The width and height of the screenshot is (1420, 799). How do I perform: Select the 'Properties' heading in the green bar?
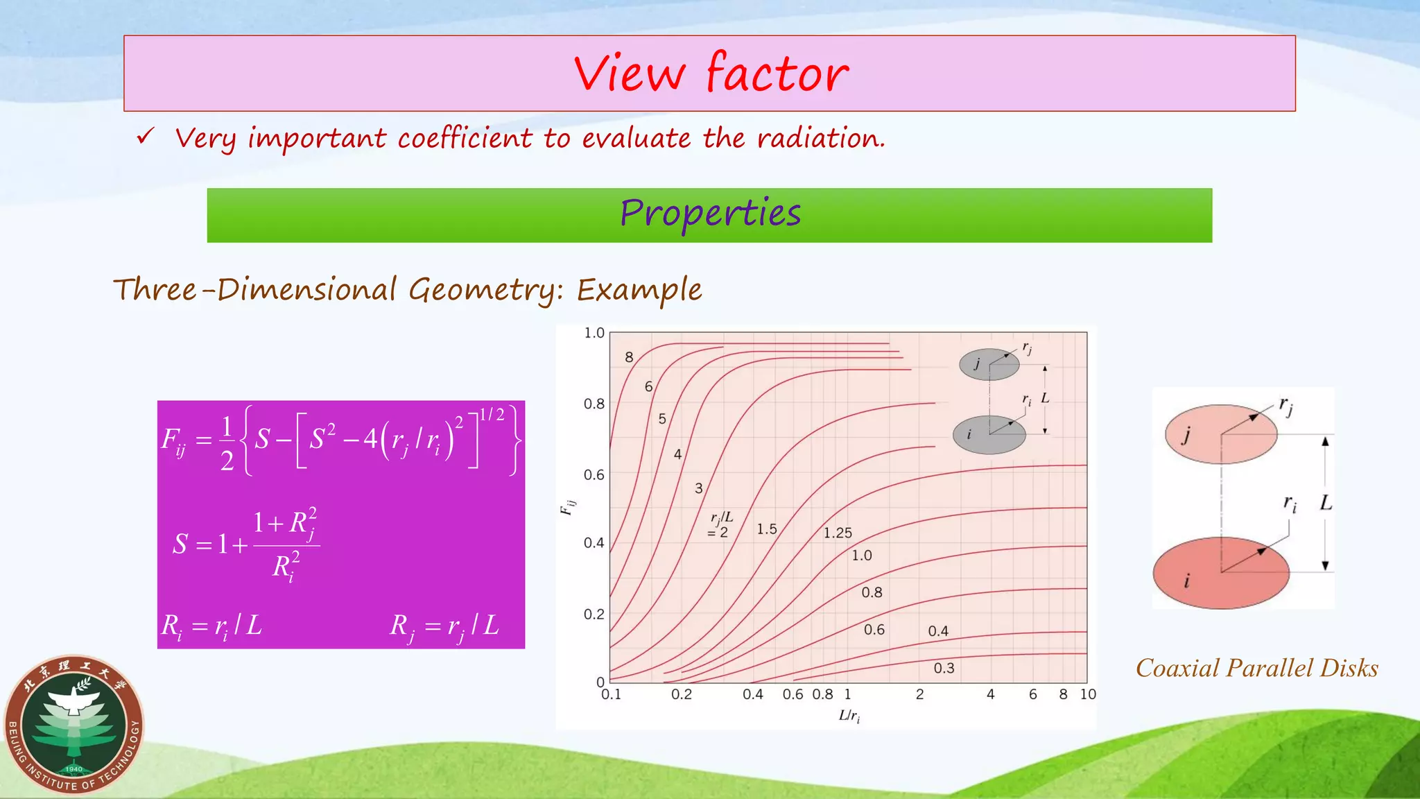(x=710, y=214)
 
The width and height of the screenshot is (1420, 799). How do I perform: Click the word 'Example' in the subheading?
(x=639, y=290)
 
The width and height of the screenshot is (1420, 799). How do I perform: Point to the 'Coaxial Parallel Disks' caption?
(x=1256, y=668)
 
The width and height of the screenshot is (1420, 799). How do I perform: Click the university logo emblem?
(x=74, y=725)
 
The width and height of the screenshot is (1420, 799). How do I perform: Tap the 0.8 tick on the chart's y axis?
(x=594, y=404)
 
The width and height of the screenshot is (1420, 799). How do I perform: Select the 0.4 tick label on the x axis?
(x=752, y=694)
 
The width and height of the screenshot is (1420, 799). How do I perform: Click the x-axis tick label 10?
(x=1088, y=694)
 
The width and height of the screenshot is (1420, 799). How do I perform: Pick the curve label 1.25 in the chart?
(x=838, y=533)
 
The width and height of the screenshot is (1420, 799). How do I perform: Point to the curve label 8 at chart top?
(x=629, y=357)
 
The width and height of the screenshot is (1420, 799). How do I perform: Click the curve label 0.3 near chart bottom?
(x=944, y=668)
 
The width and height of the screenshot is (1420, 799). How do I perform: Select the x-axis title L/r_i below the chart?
(x=849, y=716)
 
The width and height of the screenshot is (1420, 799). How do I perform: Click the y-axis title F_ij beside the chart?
(x=567, y=507)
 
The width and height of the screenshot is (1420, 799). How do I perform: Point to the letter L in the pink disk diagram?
(x=1326, y=502)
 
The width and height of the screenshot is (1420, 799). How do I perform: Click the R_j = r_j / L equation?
(x=444, y=626)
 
